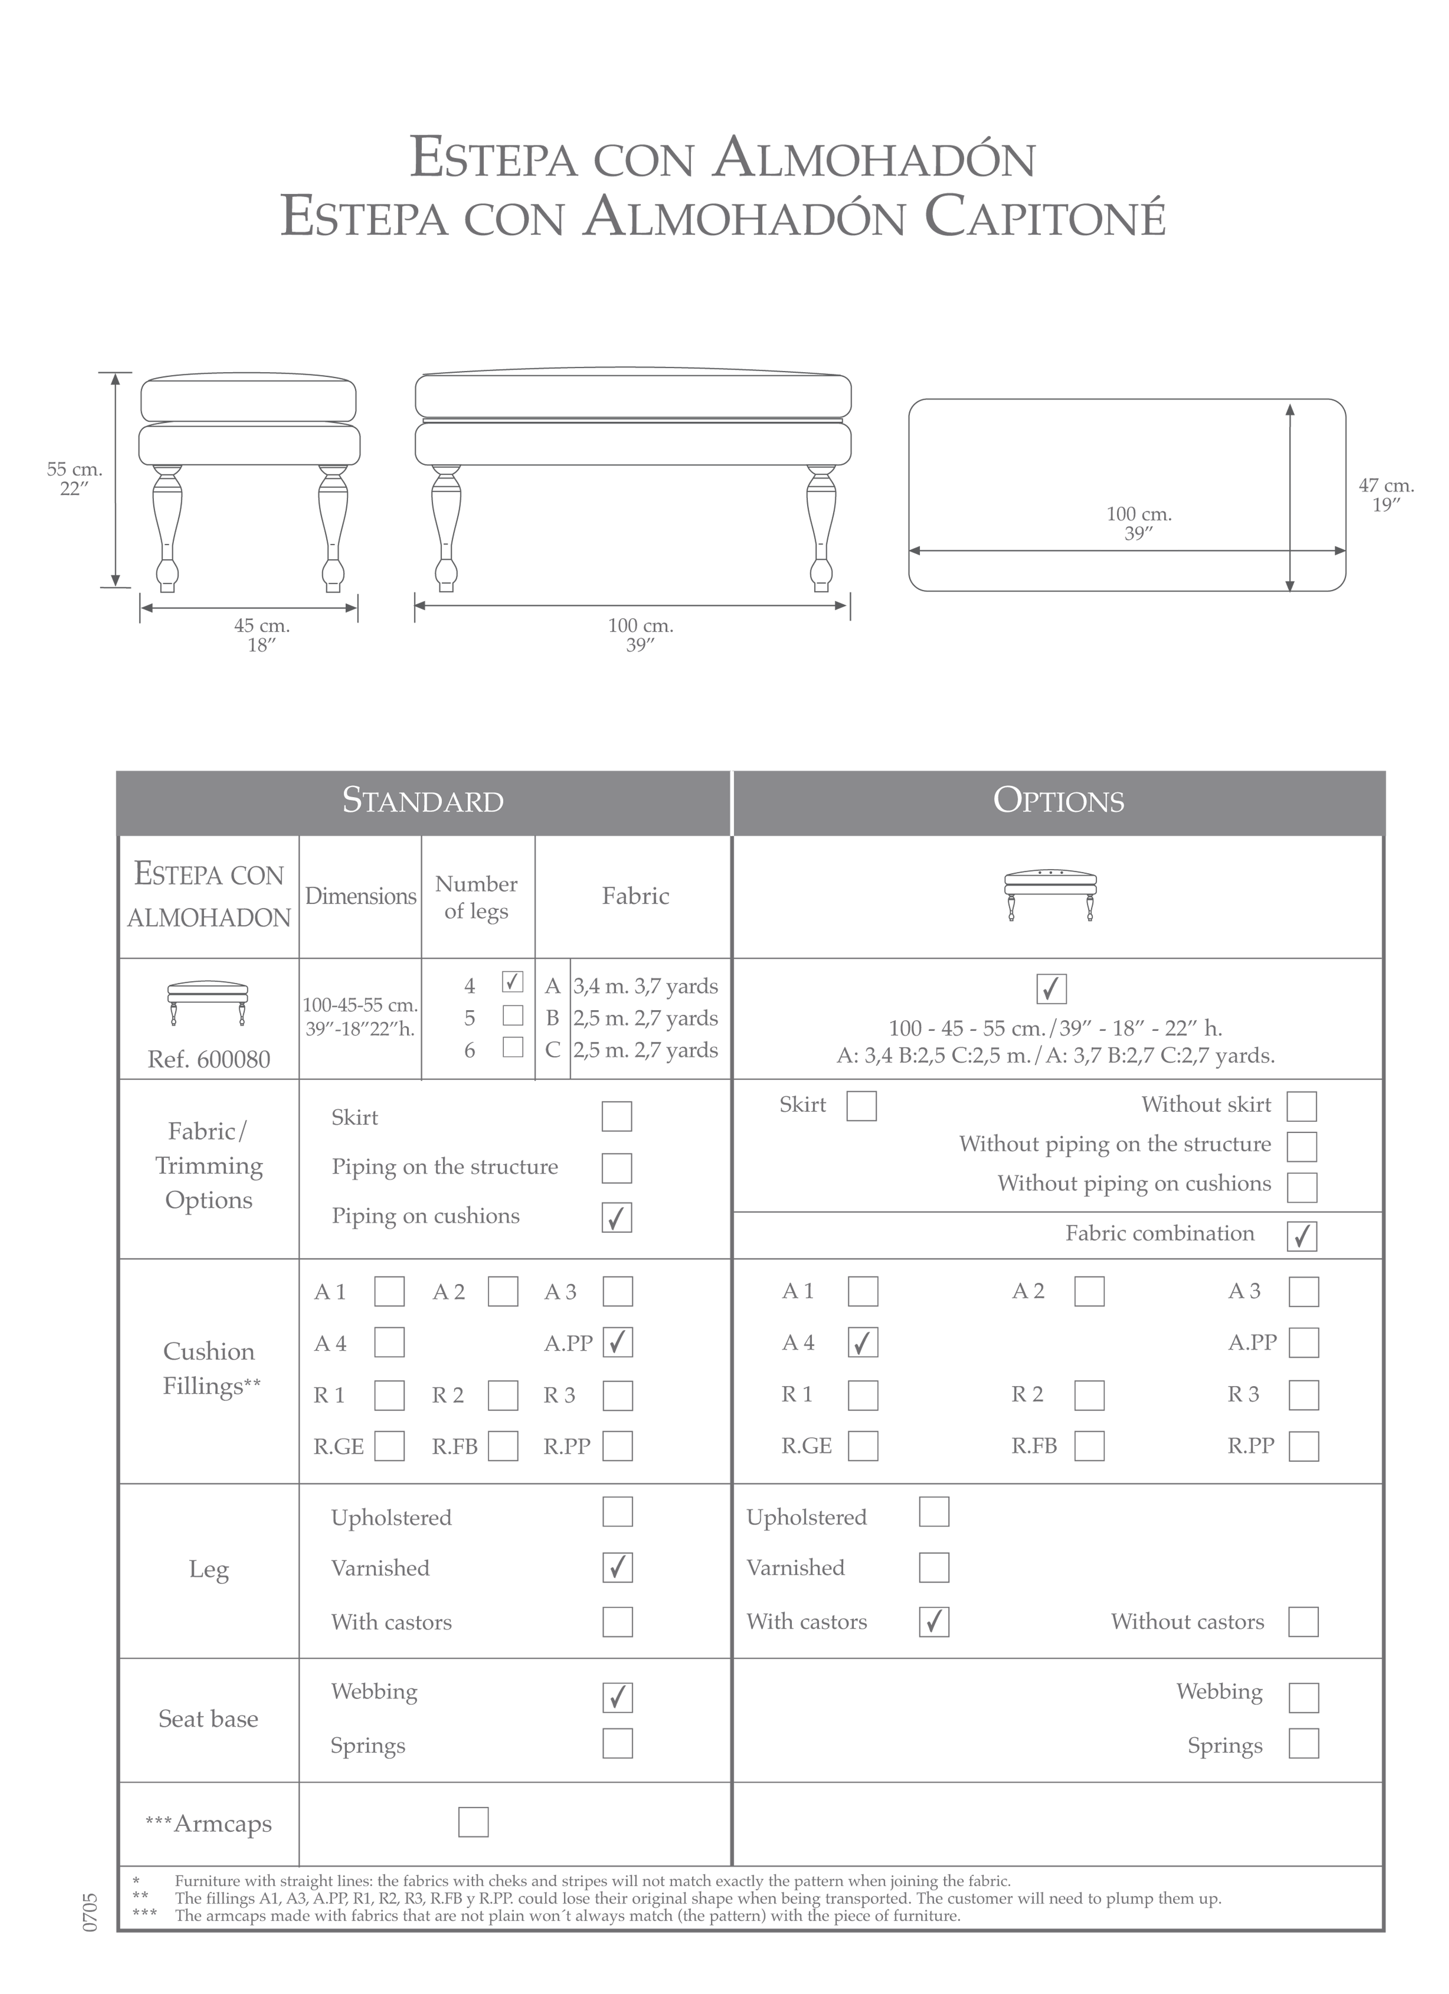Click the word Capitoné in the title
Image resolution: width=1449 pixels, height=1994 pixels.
click(x=1045, y=217)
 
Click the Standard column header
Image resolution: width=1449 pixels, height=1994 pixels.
click(x=423, y=801)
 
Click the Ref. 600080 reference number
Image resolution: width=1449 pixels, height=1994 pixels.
click(x=208, y=1059)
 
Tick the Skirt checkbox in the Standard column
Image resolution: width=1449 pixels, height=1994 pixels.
click(x=616, y=1116)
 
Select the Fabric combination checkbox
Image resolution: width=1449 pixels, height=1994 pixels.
click(x=1302, y=1235)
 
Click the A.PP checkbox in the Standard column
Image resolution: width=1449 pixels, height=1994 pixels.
click(x=617, y=1343)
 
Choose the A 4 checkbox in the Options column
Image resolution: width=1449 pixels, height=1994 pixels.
click(x=863, y=1343)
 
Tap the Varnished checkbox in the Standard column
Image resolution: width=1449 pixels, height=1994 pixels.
click(x=617, y=1567)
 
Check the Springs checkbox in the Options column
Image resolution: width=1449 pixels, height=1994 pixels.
click(x=1303, y=1743)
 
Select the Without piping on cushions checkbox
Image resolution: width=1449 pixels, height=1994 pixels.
click(x=1302, y=1187)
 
